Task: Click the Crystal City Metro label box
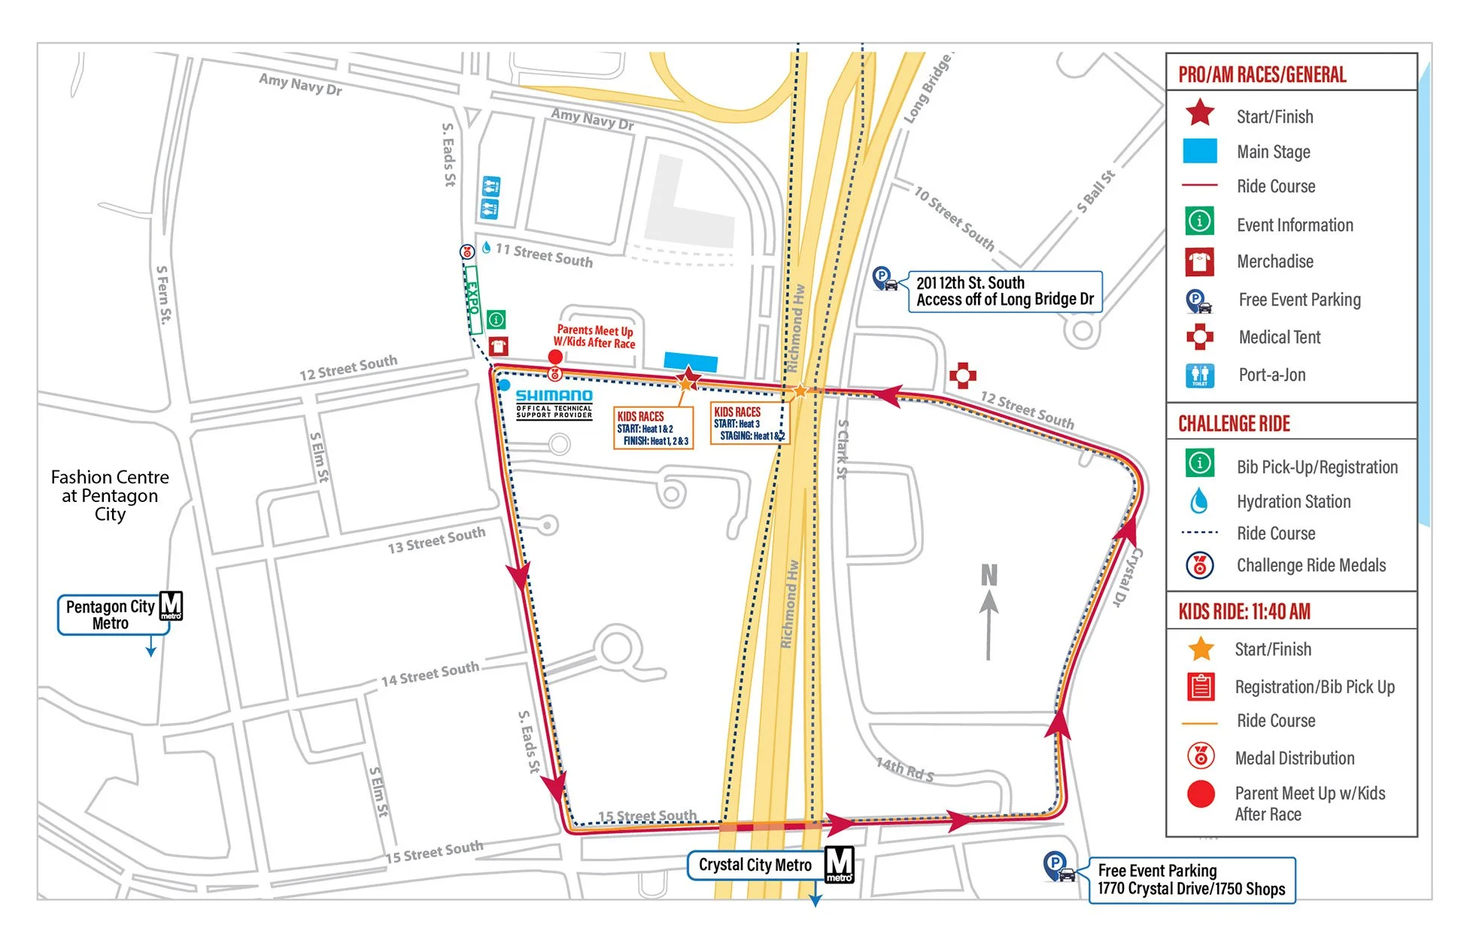(x=755, y=866)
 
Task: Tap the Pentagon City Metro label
(x=111, y=615)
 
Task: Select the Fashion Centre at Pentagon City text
(x=110, y=496)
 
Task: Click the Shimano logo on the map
(x=554, y=396)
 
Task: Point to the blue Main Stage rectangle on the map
(x=691, y=362)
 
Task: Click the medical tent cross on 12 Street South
(x=962, y=376)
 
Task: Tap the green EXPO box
(x=473, y=300)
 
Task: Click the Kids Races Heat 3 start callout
(x=748, y=424)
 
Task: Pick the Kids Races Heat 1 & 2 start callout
(x=653, y=428)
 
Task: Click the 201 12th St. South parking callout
(x=1004, y=291)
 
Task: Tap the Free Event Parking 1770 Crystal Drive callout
(x=1191, y=880)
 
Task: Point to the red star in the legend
(x=1200, y=114)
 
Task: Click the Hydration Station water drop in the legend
(x=1199, y=501)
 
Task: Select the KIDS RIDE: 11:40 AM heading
(x=1244, y=611)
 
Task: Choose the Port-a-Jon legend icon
(x=1199, y=375)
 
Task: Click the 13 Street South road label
(x=436, y=540)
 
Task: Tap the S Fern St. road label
(x=163, y=294)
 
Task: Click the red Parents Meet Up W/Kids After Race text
(x=594, y=336)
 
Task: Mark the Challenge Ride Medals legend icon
(x=1199, y=565)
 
